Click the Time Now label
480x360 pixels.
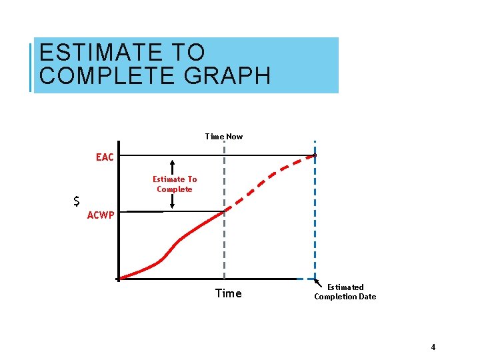tap(224, 137)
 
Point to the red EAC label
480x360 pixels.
tap(105, 157)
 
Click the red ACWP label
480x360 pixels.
tap(101, 215)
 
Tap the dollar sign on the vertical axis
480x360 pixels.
tap(77, 201)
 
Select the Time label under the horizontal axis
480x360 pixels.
tap(228, 293)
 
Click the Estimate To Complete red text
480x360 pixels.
tap(175, 184)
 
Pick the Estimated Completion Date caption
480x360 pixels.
tap(345, 292)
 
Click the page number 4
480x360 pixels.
tap(433, 347)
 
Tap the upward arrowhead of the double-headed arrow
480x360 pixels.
tap(172, 163)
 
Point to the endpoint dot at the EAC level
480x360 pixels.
tap(315, 156)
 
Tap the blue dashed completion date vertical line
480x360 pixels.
tap(315, 220)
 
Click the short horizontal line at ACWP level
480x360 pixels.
tap(144, 212)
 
